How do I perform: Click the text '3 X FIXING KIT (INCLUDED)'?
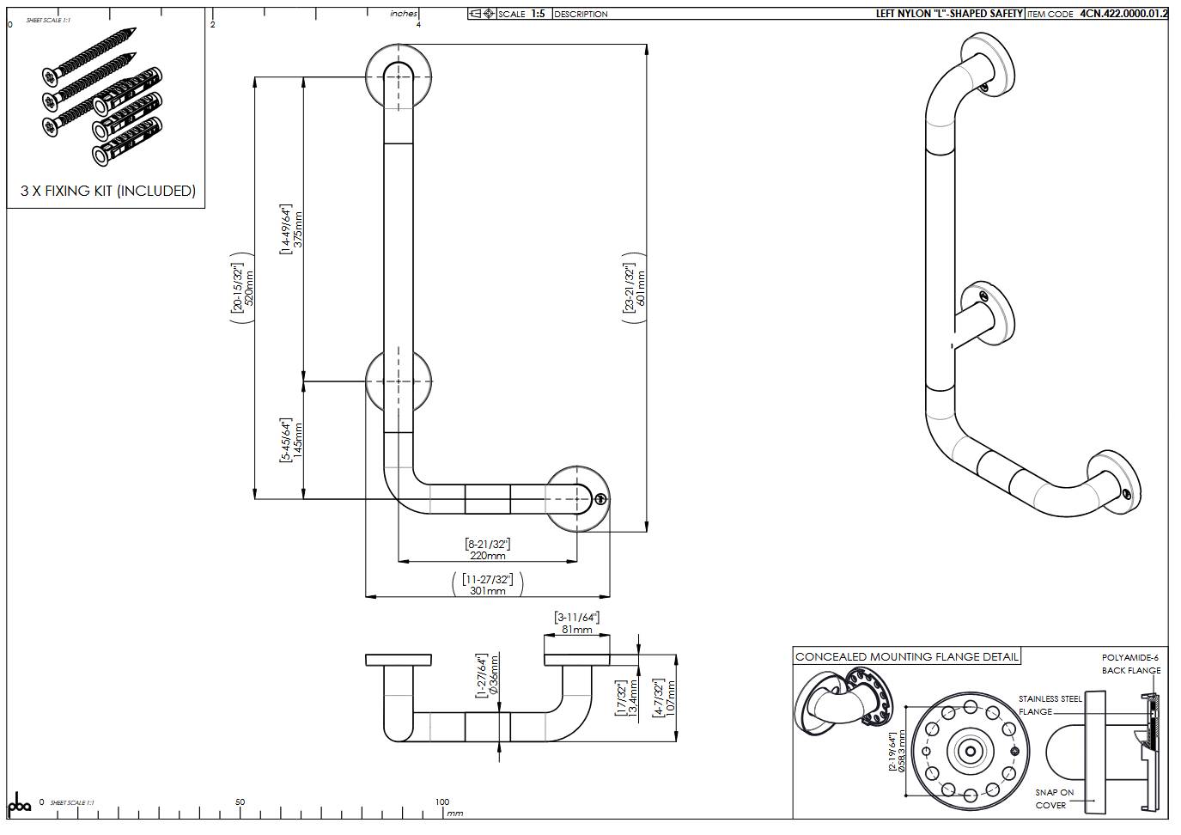108,191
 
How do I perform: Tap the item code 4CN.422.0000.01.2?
1123,14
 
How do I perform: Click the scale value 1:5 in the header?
538,14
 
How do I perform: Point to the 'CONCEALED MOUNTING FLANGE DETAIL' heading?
906,657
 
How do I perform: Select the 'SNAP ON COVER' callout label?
1054,799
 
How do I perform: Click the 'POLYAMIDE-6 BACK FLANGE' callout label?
1130,664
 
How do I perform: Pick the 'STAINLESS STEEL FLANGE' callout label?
1050,705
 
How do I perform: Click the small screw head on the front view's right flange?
601,498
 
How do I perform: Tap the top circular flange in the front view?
398,76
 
